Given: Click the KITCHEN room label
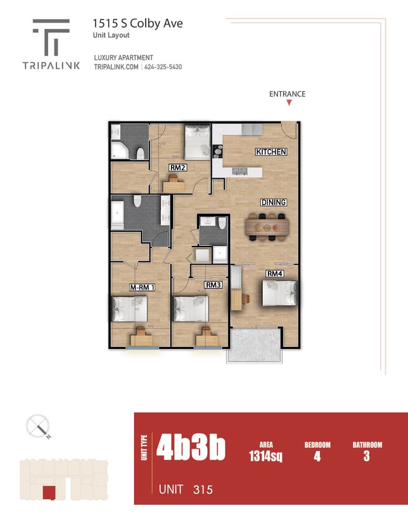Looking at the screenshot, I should [x=271, y=152].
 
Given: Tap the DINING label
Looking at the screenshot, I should [x=273, y=202].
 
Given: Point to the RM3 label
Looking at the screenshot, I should [x=213, y=285].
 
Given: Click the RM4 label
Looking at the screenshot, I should [x=274, y=273].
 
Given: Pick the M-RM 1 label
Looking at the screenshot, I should [x=142, y=287].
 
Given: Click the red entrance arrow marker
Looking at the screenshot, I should [x=288, y=103].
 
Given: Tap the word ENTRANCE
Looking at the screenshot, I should [x=287, y=94].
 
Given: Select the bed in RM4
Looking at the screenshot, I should [x=278, y=293].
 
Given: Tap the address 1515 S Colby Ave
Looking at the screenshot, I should [x=138, y=24].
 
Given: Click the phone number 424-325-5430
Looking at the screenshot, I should [x=163, y=67].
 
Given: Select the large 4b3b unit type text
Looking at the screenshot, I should [x=190, y=447].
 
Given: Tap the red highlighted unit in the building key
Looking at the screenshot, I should [x=48, y=492].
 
